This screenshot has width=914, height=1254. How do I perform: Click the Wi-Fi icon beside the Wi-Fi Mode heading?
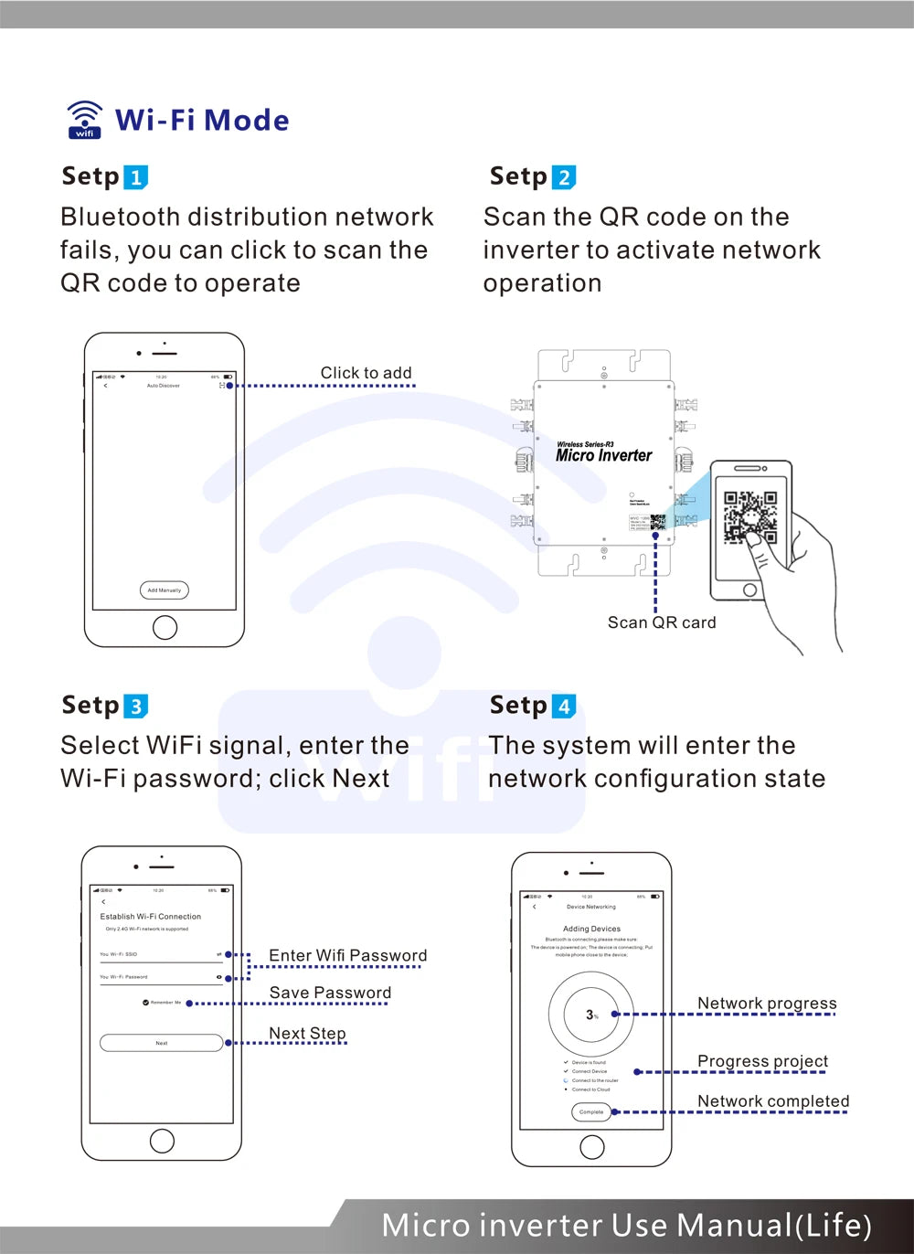coord(85,120)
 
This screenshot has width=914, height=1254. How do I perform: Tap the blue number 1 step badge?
coord(135,177)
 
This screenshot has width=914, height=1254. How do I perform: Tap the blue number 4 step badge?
coord(564,707)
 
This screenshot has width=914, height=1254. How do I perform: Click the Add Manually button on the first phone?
coord(165,590)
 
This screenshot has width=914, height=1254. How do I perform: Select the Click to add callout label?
coord(366,373)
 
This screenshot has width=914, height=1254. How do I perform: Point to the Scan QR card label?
coord(662,622)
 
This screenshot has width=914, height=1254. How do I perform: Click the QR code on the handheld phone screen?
coord(750,517)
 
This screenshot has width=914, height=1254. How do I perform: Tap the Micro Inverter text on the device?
coord(604,455)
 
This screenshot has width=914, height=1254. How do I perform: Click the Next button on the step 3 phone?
coord(162,1043)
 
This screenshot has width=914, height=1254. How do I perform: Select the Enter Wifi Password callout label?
coord(347,955)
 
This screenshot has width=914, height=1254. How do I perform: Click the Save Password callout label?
coord(330,993)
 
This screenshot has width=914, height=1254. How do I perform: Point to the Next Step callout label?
coord(307,1034)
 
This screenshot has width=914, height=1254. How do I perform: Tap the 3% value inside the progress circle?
coord(591,1015)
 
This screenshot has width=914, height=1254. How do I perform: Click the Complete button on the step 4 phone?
coord(591,1112)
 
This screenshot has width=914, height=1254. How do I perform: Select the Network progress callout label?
coord(767,1004)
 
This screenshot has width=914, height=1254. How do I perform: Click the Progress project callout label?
coord(762,1061)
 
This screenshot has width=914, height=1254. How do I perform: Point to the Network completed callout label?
coord(773,1101)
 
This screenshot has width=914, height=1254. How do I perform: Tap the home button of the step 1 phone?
coord(165,627)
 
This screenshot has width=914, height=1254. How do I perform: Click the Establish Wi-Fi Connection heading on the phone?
coord(151,916)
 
